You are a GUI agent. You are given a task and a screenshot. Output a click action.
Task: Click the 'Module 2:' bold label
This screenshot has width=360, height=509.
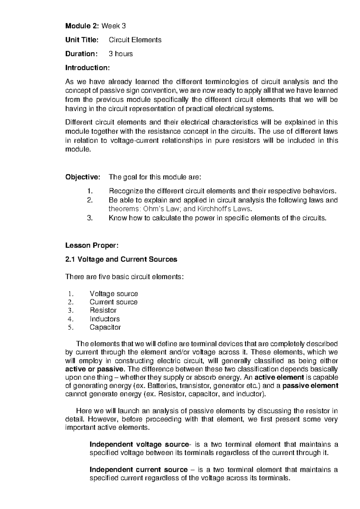click(82, 26)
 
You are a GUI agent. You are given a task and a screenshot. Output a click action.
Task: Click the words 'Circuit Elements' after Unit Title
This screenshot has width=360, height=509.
click(135, 40)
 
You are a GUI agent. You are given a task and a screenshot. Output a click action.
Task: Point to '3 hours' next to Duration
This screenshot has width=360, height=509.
click(121, 54)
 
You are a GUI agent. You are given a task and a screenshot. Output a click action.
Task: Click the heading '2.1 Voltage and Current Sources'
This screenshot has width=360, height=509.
click(121, 260)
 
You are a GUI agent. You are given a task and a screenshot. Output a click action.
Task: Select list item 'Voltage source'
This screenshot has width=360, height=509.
click(114, 294)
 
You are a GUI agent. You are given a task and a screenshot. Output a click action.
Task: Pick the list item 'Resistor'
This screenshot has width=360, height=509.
click(103, 310)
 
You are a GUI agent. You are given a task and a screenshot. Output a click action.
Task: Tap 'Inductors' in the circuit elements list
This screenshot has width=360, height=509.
click(104, 319)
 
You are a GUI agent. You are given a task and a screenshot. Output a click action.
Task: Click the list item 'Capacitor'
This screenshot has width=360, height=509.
click(105, 327)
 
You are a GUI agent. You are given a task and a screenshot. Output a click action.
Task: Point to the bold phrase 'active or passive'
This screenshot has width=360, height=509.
click(94, 369)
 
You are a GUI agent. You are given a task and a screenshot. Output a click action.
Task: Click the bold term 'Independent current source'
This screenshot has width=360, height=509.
click(139, 470)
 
